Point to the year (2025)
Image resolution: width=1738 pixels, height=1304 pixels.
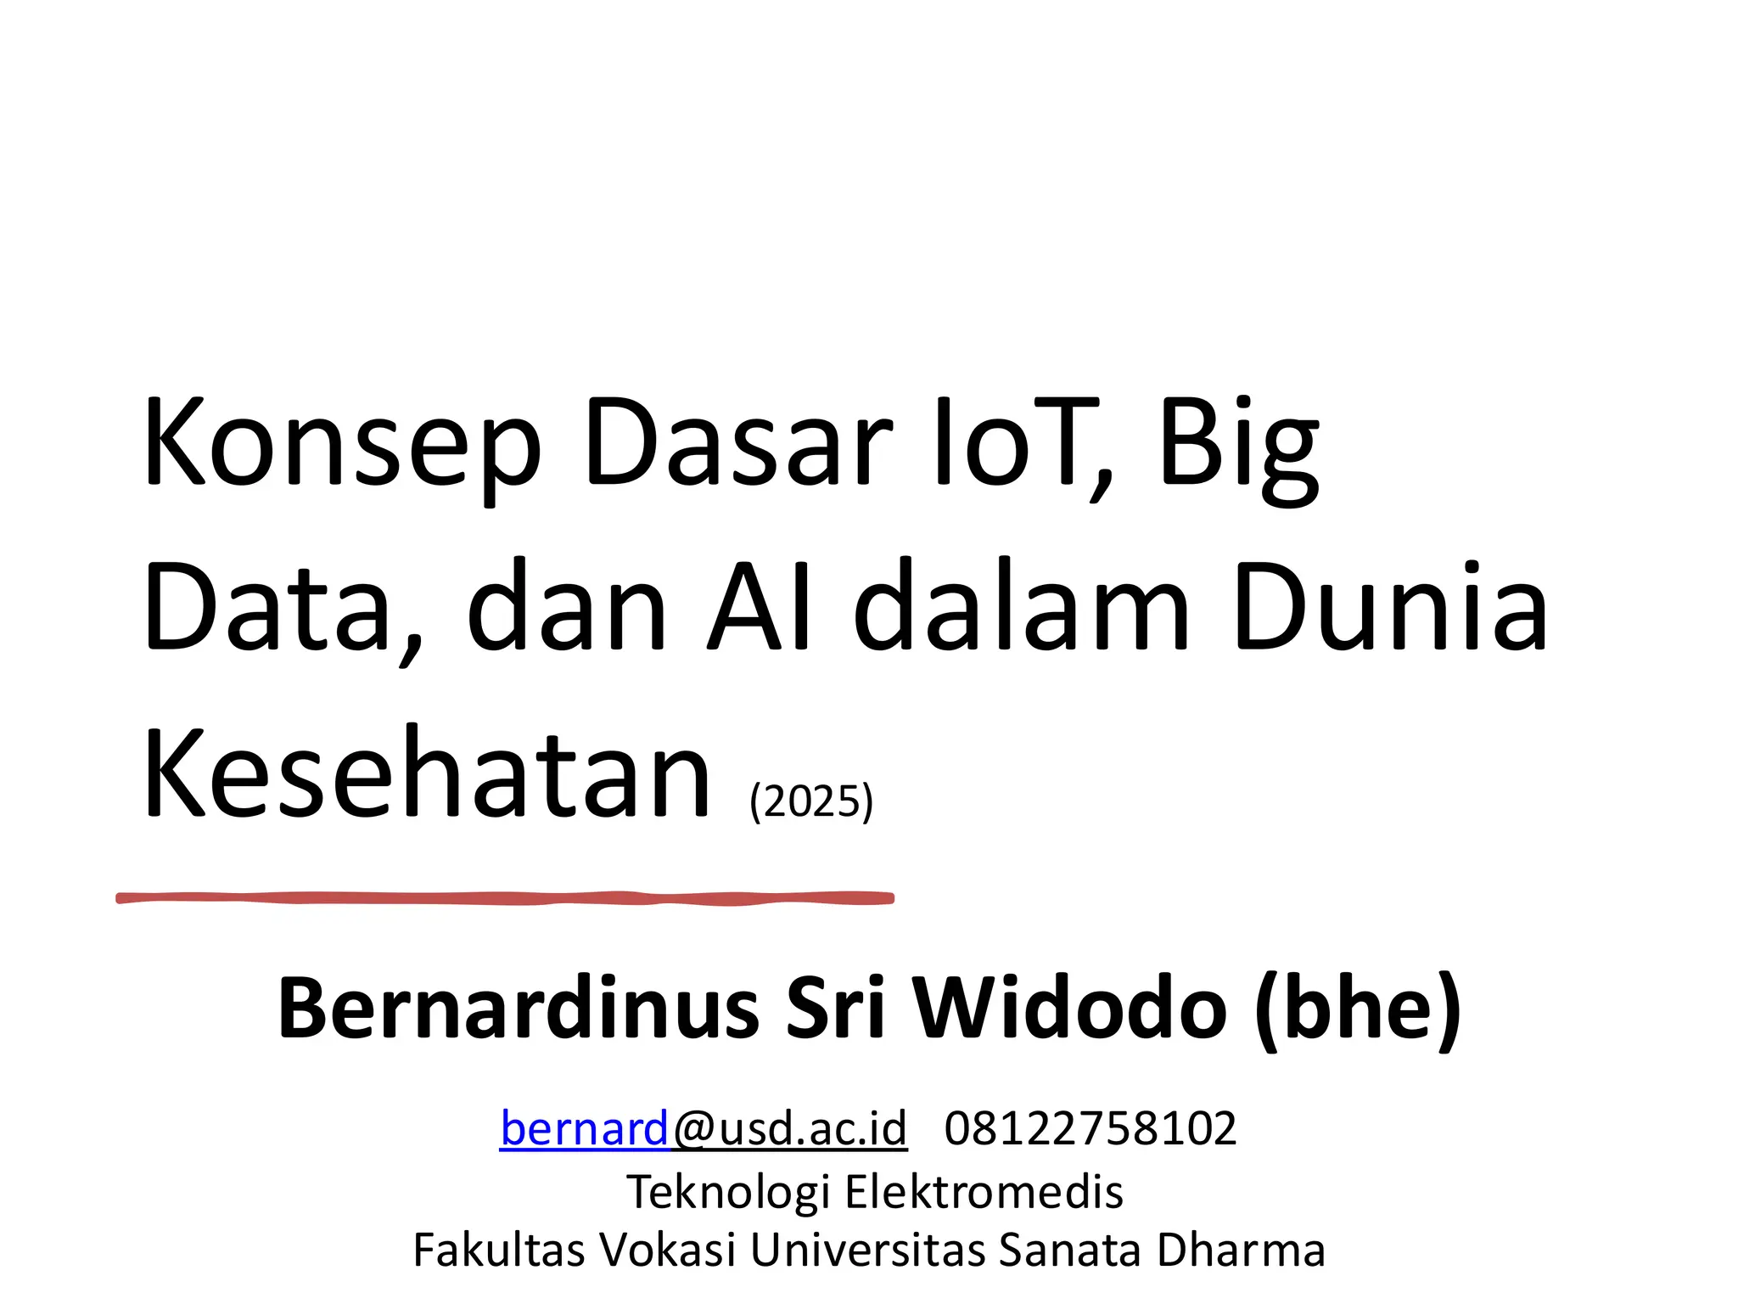coord(811,801)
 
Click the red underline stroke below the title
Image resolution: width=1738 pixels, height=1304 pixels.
coord(505,897)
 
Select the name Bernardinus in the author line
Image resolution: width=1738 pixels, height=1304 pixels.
coord(519,1009)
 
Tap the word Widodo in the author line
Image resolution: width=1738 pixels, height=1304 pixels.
coord(1070,1009)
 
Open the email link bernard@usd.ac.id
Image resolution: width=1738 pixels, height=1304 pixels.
coord(704,1128)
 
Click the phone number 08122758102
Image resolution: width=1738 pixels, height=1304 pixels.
coord(1090,1128)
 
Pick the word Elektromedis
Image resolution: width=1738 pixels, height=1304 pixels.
coord(984,1191)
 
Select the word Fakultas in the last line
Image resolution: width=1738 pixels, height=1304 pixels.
coord(499,1250)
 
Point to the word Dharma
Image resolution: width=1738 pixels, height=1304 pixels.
coord(1240,1250)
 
